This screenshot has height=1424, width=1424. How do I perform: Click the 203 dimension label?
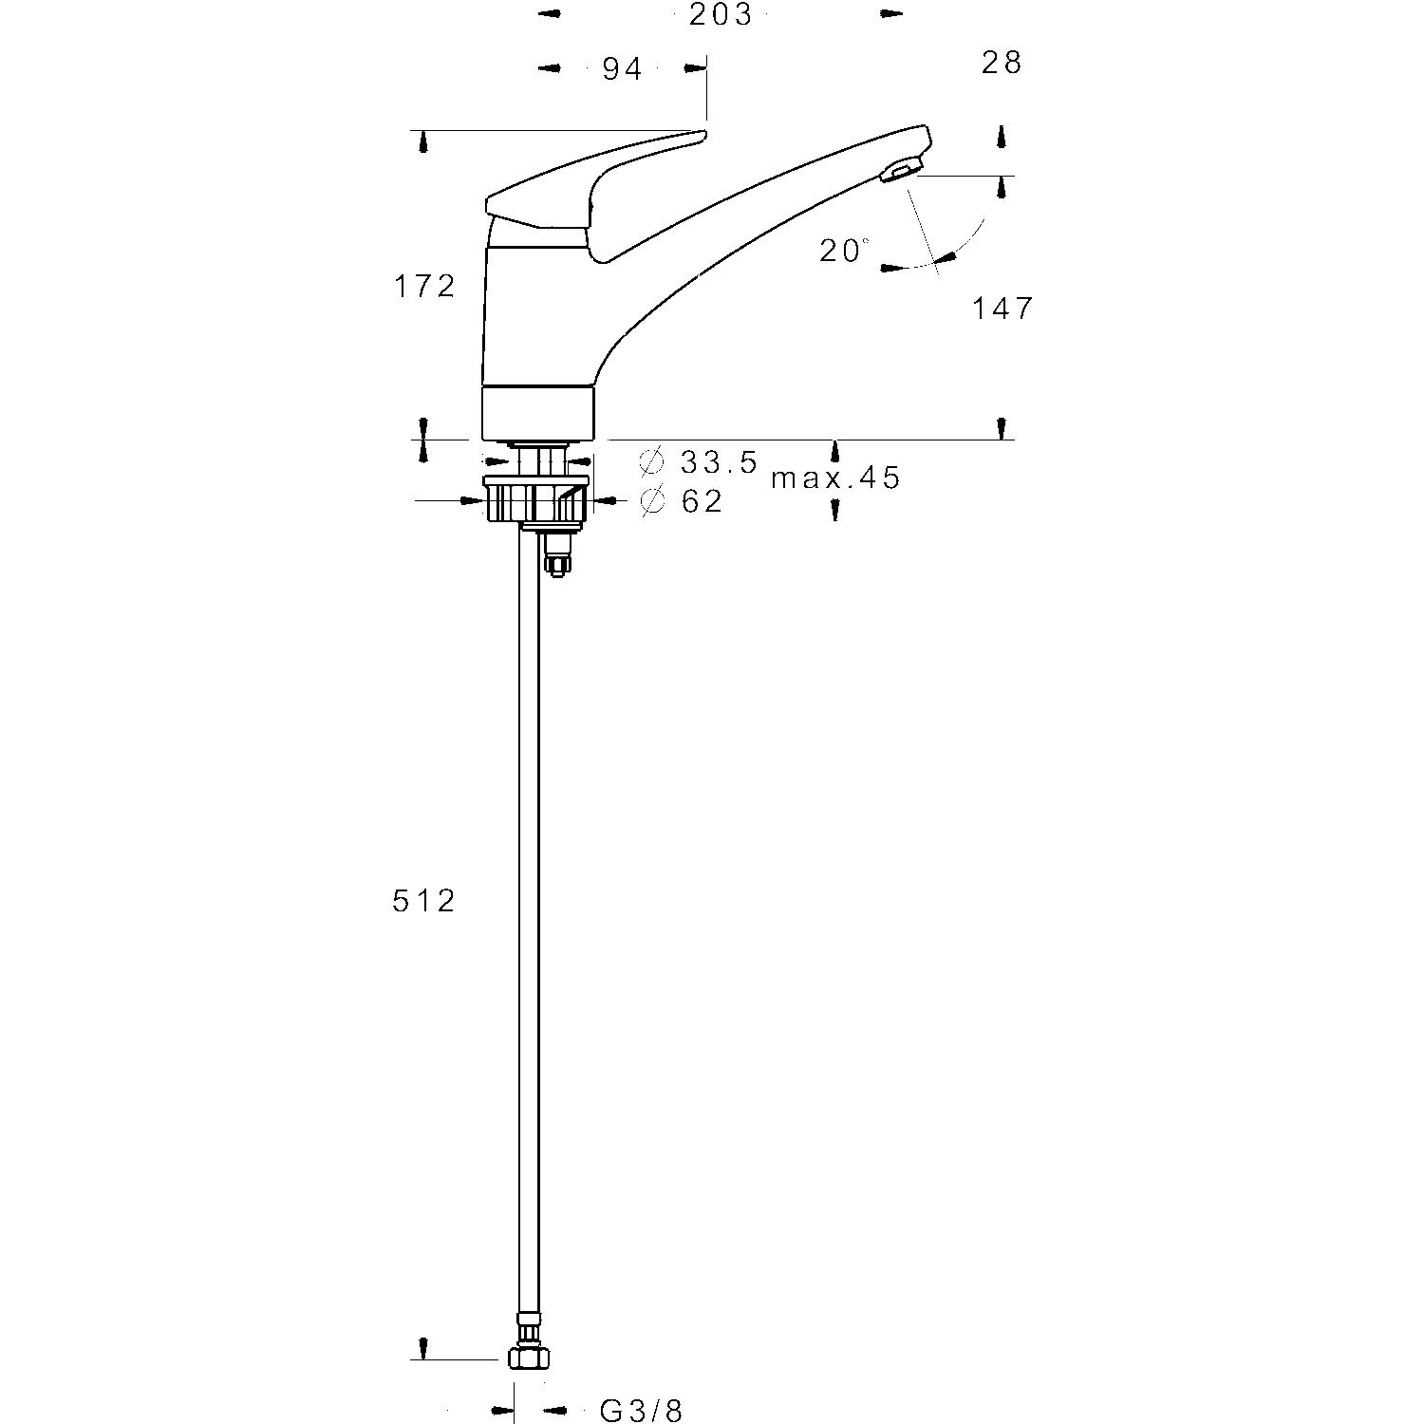pyautogui.click(x=721, y=15)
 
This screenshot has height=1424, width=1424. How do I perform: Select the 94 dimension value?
pyautogui.click(x=622, y=68)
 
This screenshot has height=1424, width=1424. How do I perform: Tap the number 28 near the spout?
pyautogui.click(x=1002, y=63)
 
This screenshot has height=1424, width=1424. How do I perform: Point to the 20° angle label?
pyautogui.click(x=843, y=251)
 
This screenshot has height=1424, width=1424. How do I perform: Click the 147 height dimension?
pyautogui.click(x=1002, y=309)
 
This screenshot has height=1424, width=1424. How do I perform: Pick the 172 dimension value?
pyautogui.click(x=424, y=286)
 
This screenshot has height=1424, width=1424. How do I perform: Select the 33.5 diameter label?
pyautogui.click(x=719, y=462)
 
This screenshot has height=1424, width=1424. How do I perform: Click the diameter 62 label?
pyautogui.click(x=703, y=501)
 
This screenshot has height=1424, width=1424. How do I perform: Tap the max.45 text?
pyautogui.click(x=834, y=478)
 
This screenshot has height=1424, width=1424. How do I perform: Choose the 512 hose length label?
pyautogui.click(x=424, y=900)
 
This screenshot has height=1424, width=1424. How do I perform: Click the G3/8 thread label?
pyautogui.click(x=641, y=1412)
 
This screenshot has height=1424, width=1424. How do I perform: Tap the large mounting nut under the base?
pyautogui.click(x=535, y=499)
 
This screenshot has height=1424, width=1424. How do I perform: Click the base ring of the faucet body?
pyautogui.click(x=538, y=413)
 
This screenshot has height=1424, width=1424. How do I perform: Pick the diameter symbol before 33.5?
pyautogui.click(x=651, y=462)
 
